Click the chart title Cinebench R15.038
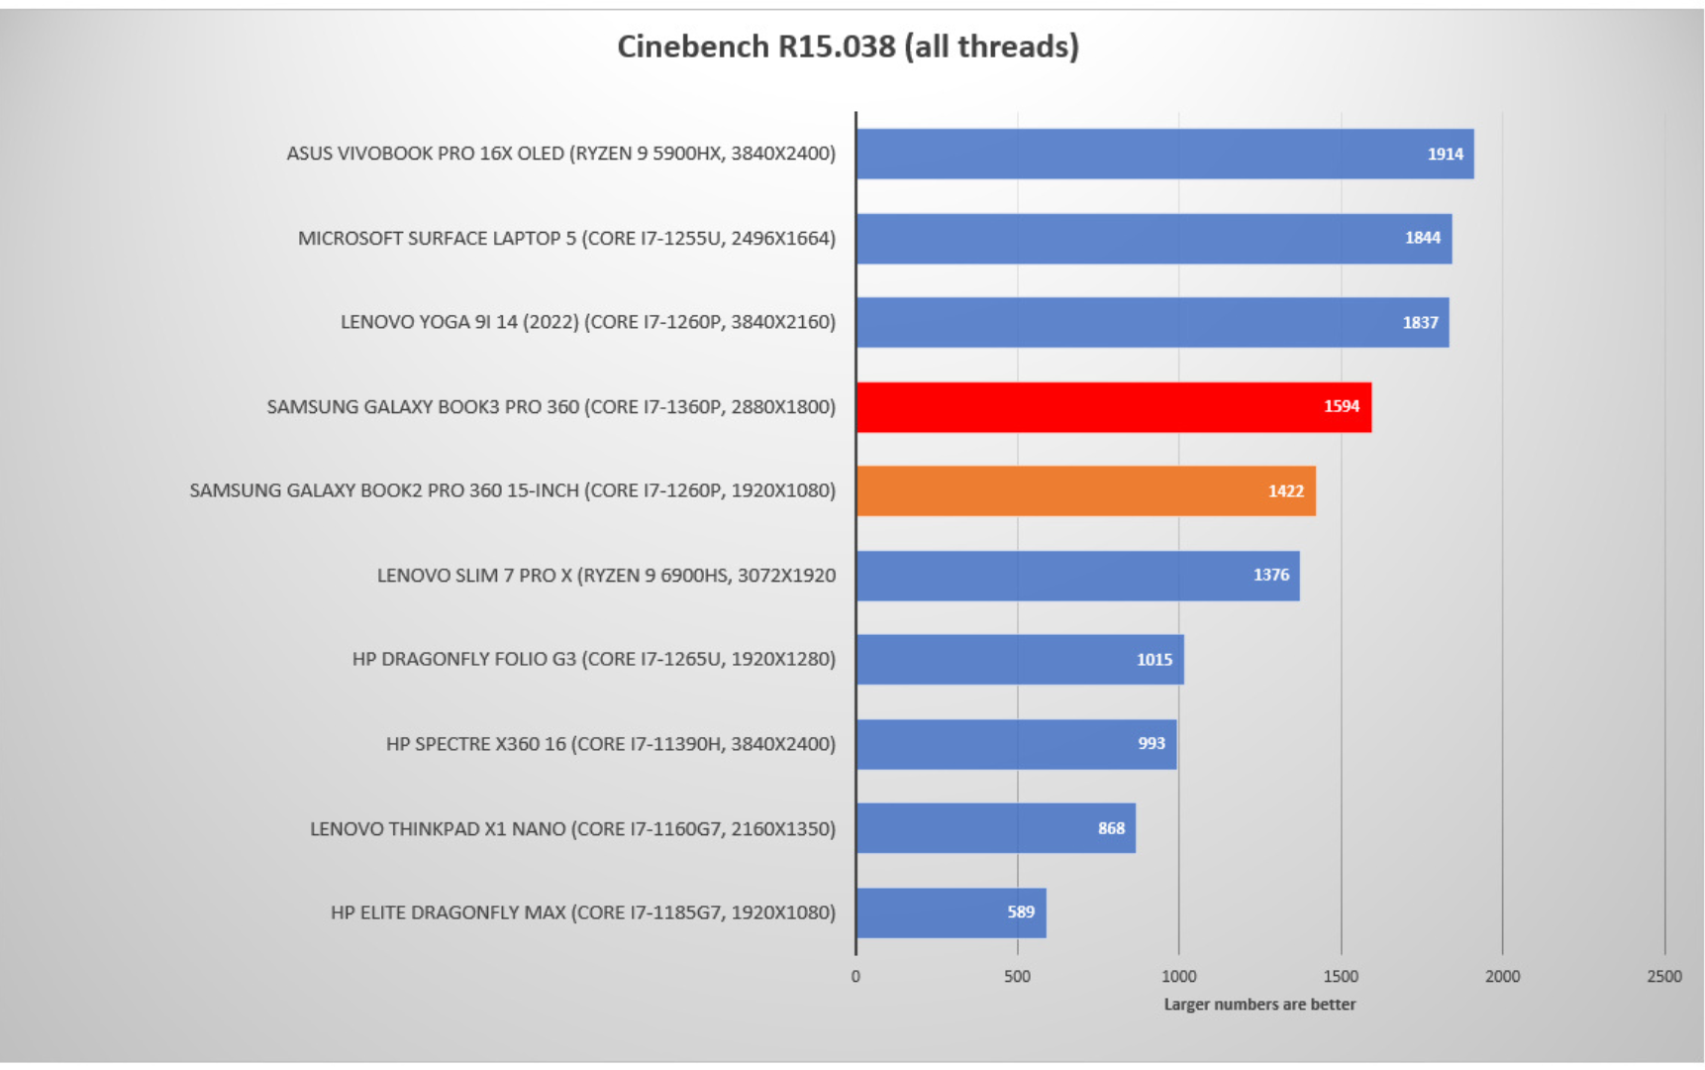coord(848,47)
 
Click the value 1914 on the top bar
coord(1445,155)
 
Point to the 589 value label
coord(1021,912)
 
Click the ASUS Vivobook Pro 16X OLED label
coord(560,154)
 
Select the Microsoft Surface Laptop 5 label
coord(566,239)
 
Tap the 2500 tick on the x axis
coord(1664,977)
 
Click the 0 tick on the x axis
coord(855,977)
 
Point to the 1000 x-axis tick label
coord(1178,977)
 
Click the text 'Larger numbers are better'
coord(1259,1005)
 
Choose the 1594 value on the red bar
coord(1342,406)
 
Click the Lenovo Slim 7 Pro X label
coord(606,576)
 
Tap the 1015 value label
coord(1154,660)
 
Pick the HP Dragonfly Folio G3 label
coord(593,660)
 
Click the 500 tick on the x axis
coord(1017,977)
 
